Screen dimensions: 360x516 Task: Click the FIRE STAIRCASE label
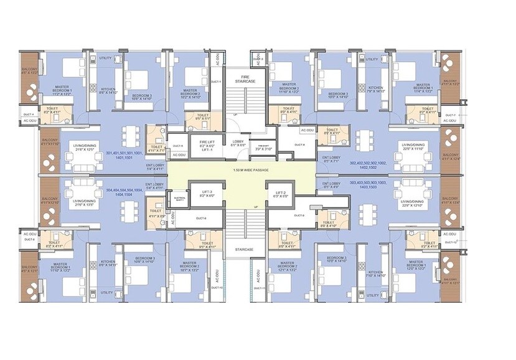point(241,80)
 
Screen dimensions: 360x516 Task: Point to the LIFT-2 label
point(281,193)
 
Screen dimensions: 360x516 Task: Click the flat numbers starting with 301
point(124,156)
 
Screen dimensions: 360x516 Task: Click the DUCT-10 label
point(217,287)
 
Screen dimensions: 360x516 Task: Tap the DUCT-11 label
point(262,288)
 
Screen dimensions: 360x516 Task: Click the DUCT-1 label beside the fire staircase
point(216,82)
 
